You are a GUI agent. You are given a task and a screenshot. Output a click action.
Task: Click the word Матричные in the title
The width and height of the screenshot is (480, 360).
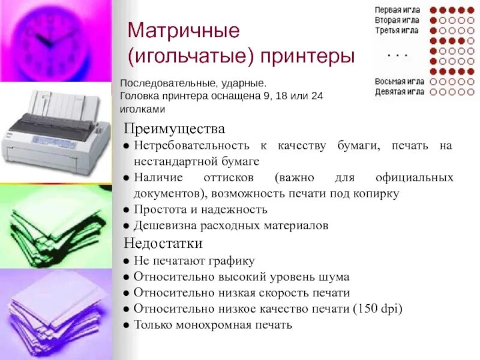184,31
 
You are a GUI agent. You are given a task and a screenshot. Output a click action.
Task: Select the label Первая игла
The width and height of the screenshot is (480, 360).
397,10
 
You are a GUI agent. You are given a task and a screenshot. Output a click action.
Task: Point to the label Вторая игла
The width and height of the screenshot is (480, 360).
397,20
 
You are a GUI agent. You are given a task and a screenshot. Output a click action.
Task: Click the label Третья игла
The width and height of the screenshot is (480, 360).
397,30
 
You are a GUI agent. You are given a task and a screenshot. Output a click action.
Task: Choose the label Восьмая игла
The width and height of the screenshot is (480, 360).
400,82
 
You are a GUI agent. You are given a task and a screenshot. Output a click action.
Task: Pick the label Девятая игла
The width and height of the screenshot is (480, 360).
400,92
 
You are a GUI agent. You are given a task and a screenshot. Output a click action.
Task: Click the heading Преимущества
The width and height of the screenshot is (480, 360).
175,130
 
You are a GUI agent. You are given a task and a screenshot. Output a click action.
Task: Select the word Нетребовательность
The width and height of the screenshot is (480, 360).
190,146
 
